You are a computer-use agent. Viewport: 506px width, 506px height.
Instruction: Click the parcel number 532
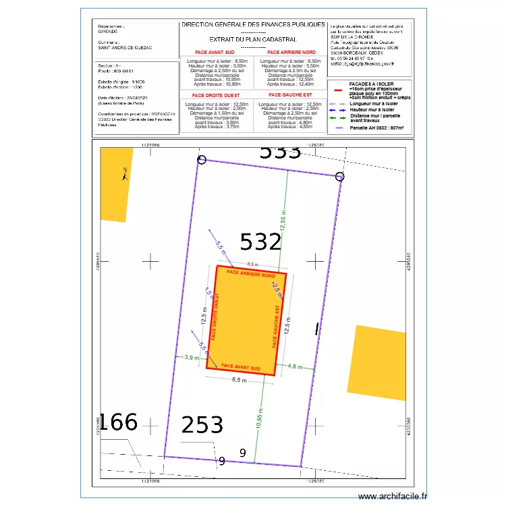tap(260, 242)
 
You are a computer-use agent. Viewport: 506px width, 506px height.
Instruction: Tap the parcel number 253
tap(202, 424)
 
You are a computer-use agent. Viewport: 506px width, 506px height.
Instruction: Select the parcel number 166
tap(119, 422)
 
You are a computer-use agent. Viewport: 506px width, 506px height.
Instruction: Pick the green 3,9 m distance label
tap(191, 358)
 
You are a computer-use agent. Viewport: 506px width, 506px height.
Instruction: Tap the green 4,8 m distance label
tap(296, 366)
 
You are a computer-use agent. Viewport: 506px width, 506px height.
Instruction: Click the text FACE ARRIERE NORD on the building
tap(251, 273)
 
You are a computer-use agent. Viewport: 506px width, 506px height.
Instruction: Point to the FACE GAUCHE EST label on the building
tap(275, 326)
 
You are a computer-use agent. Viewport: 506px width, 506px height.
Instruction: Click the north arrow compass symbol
tap(125, 174)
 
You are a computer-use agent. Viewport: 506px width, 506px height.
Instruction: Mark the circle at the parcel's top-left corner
tap(202, 160)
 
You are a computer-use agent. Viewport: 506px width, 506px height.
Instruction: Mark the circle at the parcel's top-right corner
tap(340, 177)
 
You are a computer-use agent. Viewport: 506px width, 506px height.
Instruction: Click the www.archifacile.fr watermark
tap(393, 496)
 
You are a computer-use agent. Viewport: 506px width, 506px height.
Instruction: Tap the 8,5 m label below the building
tap(239, 380)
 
